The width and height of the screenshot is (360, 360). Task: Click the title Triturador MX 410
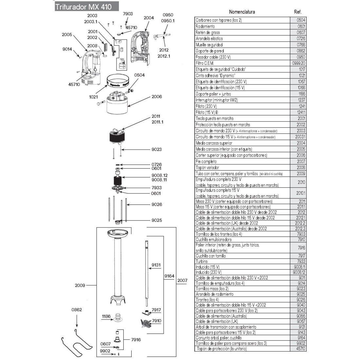click(83, 7)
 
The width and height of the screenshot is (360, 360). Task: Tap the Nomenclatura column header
click(242, 12)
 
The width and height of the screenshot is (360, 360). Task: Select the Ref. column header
click(297, 12)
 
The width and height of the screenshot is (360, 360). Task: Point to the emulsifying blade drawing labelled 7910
click(145, 322)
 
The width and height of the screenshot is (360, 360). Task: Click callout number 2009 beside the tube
click(80, 285)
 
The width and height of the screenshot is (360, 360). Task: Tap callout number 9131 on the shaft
click(156, 265)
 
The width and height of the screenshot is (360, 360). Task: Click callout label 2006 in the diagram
click(156, 97)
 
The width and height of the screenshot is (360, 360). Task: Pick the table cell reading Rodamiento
click(205, 26)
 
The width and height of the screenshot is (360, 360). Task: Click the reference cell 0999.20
click(298, 63)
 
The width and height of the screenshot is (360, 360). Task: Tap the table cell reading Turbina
click(202, 261)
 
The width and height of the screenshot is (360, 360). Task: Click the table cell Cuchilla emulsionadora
click(213, 240)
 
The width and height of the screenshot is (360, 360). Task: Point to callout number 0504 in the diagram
click(139, 75)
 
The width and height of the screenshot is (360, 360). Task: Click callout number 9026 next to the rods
click(156, 205)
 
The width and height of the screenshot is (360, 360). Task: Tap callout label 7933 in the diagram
click(156, 188)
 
